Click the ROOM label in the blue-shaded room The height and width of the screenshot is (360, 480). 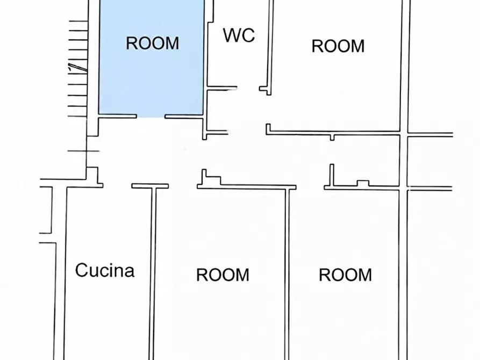[153, 43]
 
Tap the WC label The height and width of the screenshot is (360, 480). [239, 35]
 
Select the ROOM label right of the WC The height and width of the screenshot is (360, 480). [338, 46]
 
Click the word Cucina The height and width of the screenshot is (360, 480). [105, 270]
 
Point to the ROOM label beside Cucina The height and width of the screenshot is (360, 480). [223, 275]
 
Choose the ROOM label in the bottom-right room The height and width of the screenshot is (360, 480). [345, 275]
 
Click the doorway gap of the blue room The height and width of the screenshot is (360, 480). [151, 116]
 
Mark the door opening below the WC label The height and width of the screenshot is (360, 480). [248, 89]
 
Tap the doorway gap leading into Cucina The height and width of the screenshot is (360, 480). [117, 185]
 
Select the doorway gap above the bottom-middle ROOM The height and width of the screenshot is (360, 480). [183, 186]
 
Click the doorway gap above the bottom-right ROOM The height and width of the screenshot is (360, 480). [310, 187]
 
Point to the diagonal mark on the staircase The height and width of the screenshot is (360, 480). [78, 68]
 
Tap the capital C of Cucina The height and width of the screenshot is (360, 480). [82, 270]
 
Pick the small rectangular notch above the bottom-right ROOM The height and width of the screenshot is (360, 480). [363, 183]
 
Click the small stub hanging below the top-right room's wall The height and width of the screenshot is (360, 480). [332, 137]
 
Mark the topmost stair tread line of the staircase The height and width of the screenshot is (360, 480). [78, 21]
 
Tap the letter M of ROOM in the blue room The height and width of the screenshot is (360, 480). [173, 43]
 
